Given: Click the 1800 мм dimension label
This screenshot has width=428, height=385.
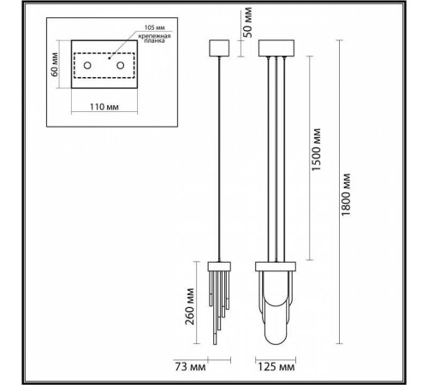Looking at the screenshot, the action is point(346,194).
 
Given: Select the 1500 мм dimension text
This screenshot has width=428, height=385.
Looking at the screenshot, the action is point(316,150).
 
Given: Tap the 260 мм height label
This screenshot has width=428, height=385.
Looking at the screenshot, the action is point(190,306).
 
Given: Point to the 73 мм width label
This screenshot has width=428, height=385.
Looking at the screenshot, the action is point(190,367).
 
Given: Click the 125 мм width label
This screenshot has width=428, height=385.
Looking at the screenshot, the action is point(276,367).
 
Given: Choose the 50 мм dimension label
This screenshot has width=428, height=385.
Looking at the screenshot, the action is point(247,22).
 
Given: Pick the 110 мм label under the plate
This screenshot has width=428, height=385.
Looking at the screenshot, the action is point(104,107).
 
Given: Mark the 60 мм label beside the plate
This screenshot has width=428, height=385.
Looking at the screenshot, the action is point(55,64).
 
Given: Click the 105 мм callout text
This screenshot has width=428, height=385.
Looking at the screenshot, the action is point(154,27).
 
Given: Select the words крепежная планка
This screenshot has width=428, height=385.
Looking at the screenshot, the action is point(154,38).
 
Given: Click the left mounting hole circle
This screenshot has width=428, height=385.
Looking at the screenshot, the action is point(87,65).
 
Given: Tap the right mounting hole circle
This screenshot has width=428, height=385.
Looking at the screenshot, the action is point(121,65).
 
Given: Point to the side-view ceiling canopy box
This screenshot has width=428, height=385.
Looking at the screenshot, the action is point(219,48).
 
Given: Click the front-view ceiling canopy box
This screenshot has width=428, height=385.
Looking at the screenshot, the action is point(276,48).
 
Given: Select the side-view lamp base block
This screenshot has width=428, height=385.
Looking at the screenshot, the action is point(219,266).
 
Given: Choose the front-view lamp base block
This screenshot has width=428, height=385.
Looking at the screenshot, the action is point(276,266).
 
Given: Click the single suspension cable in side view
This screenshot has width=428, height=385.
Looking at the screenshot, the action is point(219,159).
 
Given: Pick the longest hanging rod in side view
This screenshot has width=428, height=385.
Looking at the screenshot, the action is point(215,308).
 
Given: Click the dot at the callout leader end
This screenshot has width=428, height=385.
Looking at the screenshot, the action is point(109,58).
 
